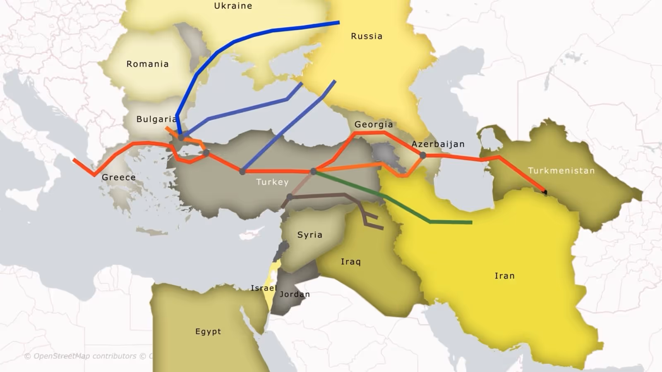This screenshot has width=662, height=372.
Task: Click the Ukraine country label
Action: [233, 6]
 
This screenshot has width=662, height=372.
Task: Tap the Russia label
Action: [367, 36]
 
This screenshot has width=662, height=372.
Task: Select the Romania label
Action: [147, 64]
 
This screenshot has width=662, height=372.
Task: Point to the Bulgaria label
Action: [156, 119]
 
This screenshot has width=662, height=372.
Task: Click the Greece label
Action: [119, 177]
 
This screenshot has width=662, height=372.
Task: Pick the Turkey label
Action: [272, 182]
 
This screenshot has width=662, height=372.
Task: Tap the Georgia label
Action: [374, 124]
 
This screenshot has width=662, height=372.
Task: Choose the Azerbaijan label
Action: [438, 144]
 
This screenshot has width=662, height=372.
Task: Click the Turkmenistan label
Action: [561, 171]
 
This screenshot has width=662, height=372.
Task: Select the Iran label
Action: [504, 276]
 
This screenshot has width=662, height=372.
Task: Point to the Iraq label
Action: [350, 262]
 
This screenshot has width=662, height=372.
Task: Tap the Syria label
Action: [309, 235]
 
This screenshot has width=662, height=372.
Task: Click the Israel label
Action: [264, 288]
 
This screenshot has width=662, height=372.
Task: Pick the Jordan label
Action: [295, 294]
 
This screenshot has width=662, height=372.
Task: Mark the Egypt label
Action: [208, 331]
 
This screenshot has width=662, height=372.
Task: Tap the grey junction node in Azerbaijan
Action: [423, 155]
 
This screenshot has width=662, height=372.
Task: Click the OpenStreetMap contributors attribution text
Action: [85, 356]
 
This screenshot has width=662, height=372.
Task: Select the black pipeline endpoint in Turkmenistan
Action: [544, 192]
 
